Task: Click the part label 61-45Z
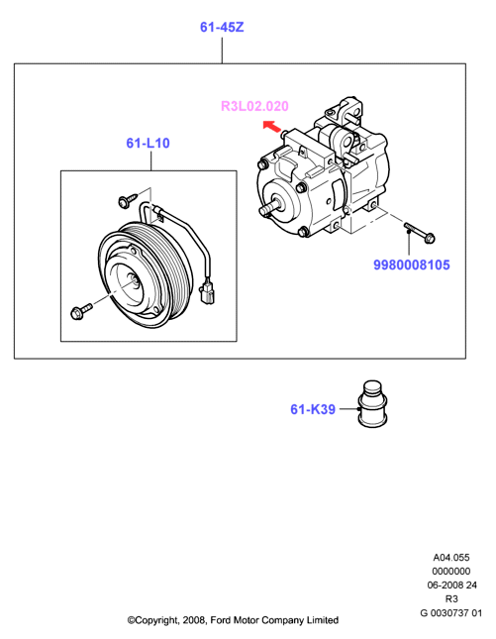[222, 28]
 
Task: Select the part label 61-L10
[148, 143]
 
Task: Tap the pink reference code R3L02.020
[254, 106]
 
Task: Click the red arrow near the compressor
[272, 127]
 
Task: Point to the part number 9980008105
[412, 265]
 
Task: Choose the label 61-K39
[313, 409]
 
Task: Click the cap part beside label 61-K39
[372, 404]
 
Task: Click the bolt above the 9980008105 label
[420, 233]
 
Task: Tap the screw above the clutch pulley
[128, 200]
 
